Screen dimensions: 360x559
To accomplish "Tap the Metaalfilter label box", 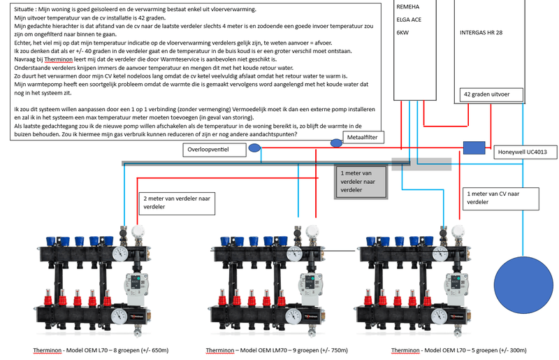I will pos(362,138).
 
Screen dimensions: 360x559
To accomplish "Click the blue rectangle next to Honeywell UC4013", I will pos(474,147).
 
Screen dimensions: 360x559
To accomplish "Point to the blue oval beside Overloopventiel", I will pos(255,147).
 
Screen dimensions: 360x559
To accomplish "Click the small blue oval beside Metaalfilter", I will pos(336,143).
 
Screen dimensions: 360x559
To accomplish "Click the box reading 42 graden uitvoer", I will pos(486,94).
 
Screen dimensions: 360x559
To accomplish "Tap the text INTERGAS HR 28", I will pos(481,33).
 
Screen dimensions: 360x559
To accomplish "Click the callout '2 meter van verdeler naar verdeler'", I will pos(175,203).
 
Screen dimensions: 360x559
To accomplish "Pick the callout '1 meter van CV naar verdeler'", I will pos(499,198).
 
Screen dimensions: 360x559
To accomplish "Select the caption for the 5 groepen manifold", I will pos(458,350).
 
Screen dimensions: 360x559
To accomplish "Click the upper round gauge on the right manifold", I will pos(442,254).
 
